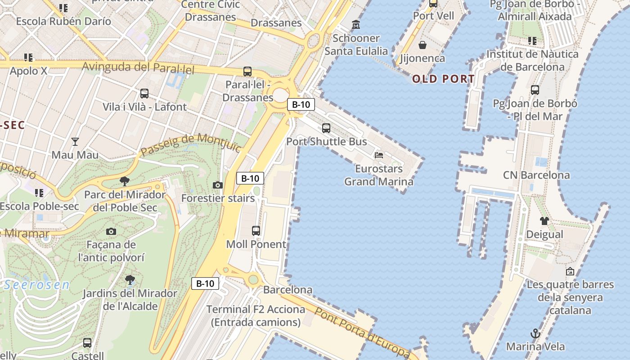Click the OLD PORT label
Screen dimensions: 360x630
coord(443,79)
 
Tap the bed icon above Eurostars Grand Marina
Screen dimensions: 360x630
coord(379,155)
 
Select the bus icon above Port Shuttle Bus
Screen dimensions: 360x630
coord(326,128)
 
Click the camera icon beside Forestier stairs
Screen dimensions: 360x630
coord(217,185)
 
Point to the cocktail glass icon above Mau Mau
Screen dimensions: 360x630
coord(75,142)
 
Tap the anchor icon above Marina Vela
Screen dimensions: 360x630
coord(535,333)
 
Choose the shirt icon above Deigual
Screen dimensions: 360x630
coord(544,221)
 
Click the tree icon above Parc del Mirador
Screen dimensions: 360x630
coord(125,181)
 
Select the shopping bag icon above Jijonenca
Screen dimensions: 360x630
coord(423,45)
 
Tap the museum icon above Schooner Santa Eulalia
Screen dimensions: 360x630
coord(356,24)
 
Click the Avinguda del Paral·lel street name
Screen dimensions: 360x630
coord(138,68)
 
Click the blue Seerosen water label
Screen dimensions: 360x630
coord(37,285)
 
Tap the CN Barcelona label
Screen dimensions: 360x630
coord(536,175)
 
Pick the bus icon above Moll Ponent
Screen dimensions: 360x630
coord(256,231)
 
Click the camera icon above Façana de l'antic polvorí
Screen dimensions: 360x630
coord(111,232)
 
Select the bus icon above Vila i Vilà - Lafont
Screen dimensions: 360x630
coord(144,94)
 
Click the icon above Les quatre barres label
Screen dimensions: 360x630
coord(570,271)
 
